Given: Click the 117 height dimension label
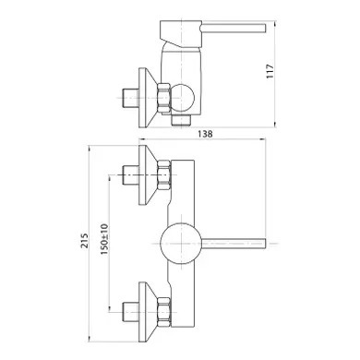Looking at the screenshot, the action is [x=270, y=71].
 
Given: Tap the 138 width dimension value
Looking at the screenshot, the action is [x=205, y=134].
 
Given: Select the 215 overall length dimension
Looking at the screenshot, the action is [x=85, y=241].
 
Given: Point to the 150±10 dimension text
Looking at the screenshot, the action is [x=104, y=239].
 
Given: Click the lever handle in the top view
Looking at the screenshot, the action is [x=233, y=28].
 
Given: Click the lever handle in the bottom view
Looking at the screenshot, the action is [x=234, y=243].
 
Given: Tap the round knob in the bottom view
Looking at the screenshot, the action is [x=181, y=243].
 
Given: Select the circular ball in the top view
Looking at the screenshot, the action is [x=183, y=98].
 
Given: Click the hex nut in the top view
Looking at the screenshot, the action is [x=163, y=98].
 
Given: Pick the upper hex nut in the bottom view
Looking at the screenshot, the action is [x=163, y=175].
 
